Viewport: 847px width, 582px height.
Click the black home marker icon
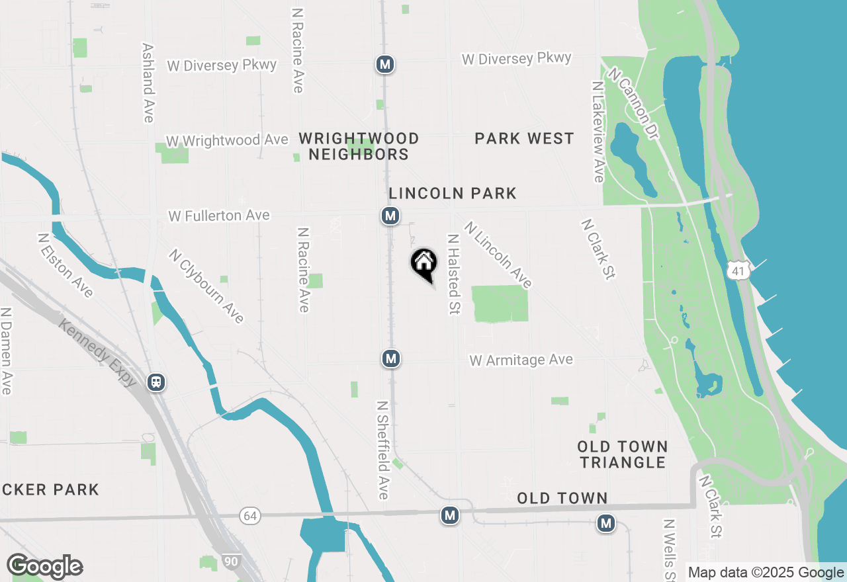point(424,263)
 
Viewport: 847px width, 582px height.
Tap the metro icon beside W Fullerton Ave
point(390,216)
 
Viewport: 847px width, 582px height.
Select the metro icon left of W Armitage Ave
point(391,358)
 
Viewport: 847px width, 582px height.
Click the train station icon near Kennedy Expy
point(156,382)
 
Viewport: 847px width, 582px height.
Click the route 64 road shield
point(249,516)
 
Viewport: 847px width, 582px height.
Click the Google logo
point(44,566)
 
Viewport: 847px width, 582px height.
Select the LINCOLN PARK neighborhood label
point(453,193)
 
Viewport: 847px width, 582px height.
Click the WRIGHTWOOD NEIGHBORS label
point(359,146)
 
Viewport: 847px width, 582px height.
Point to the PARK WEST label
point(524,138)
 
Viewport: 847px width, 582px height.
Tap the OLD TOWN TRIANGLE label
point(623,454)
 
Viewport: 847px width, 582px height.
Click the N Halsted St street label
point(453,274)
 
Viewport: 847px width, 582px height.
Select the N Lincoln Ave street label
point(498,255)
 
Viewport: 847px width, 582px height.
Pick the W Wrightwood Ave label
point(227,140)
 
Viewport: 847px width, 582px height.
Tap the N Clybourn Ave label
point(206,286)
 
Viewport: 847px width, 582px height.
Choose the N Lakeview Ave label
point(598,132)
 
